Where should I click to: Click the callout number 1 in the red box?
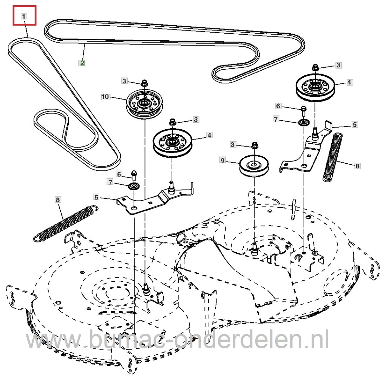tap(24, 16)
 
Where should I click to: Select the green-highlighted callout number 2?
tap(81, 63)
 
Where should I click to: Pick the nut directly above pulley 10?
tap(144, 83)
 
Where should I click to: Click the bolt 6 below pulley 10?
tap(134, 174)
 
